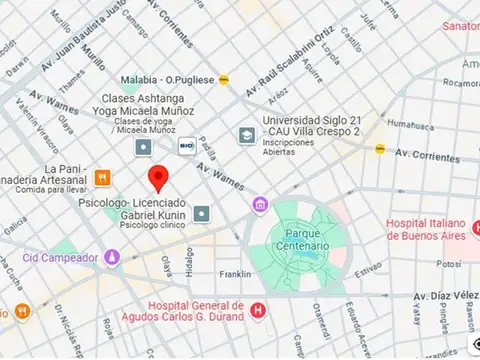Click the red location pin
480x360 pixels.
coord(156,179)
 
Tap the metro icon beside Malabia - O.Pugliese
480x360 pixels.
coord(226,79)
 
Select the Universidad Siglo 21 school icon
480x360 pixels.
coord(246,135)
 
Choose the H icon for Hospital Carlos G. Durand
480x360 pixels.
coord(259,311)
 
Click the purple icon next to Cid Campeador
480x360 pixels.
coord(112,257)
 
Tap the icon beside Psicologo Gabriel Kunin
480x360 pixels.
coord(202,213)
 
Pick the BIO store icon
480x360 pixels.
coord(185,147)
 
